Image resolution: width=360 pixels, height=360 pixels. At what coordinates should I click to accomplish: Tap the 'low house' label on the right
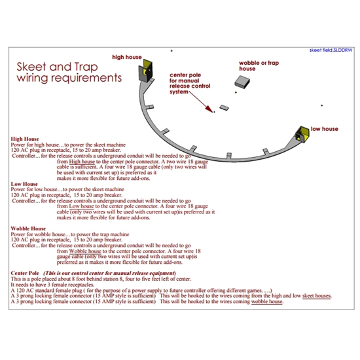pyautogui.click(x=324, y=130)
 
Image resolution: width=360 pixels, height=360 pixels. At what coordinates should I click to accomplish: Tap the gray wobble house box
pyautogui.click(x=244, y=81)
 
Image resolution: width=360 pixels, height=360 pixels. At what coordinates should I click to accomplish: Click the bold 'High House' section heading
pyautogui.click(x=26, y=139)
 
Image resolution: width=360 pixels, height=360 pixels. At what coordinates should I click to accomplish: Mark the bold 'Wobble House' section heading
pyautogui.click(x=28, y=228)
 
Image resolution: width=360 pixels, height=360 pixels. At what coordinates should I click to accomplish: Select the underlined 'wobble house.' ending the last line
pyautogui.click(x=267, y=302)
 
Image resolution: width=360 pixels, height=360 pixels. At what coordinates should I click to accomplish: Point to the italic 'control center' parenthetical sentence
pyautogui.click(x=111, y=272)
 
